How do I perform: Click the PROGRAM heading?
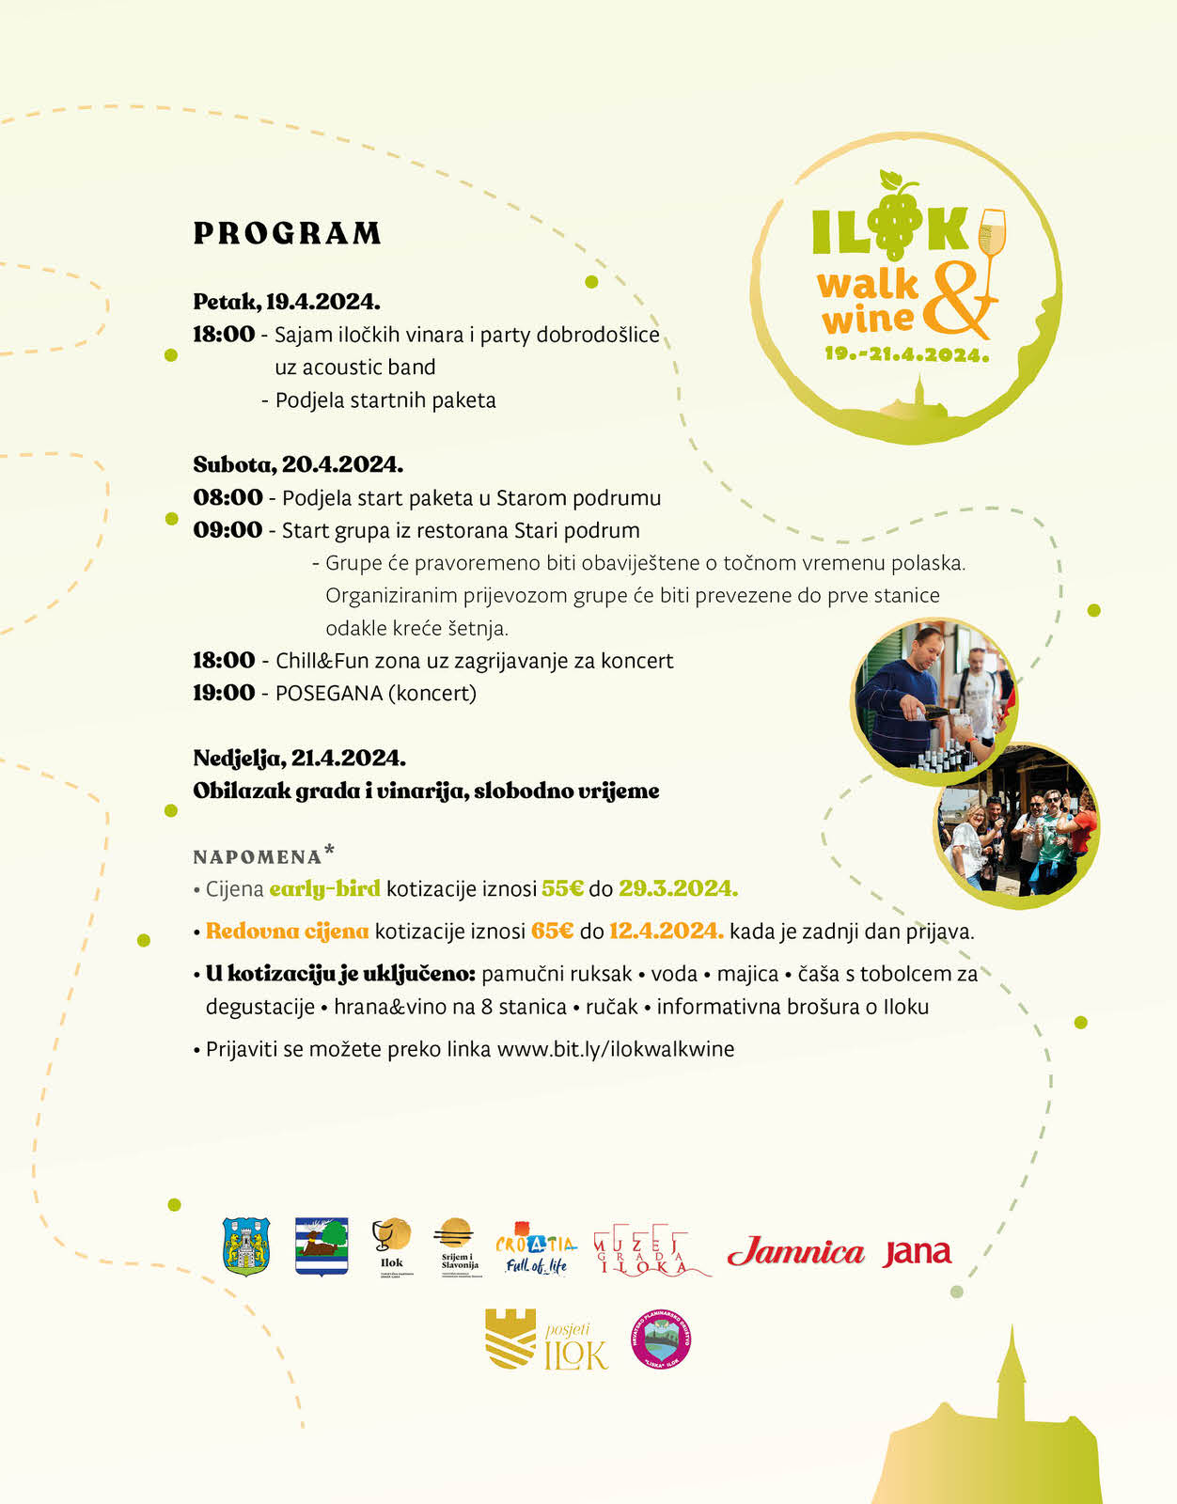pyautogui.click(x=287, y=233)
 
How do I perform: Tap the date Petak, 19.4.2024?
pyautogui.click(x=286, y=302)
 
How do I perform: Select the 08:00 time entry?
pyautogui.click(x=228, y=497)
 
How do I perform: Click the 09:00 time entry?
pyautogui.click(x=228, y=530)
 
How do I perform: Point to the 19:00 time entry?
pyautogui.click(x=224, y=693)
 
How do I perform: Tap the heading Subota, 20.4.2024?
pyautogui.click(x=298, y=464)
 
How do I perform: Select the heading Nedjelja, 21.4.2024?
pyautogui.click(x=299, y=758)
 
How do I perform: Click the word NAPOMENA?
pyautogui.click(x=257, y=857)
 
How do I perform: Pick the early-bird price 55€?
pyautogui.click(x=562, y=888)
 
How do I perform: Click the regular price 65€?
pyautogui.click(x=552, y=932)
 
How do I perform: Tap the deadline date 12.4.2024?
pyautogui.click(x=666, y=932)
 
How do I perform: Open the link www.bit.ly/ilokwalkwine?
pyautogui.click(x=615, y=1049)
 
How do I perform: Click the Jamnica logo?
pyautogui.click(x=795, y=1252)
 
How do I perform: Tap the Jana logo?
pyautogui.click(x=917, y=1252)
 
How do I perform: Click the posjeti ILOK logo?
pyautogui.click(x=546, y=1340)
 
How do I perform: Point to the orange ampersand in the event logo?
pyautogui.click(x=957, y=301)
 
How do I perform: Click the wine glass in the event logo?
pyautogui.click(x=992, y=235)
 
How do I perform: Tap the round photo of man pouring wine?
pyautogui.click(x=934, y=700)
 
